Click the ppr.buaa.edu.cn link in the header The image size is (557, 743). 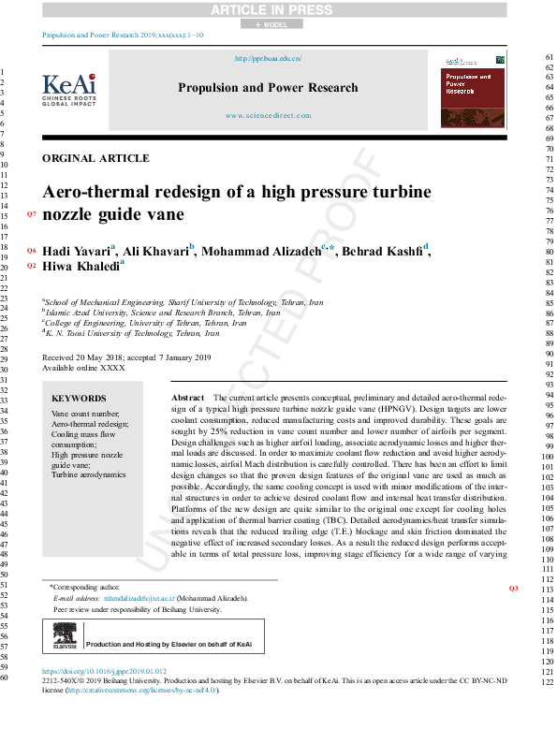point(267,58)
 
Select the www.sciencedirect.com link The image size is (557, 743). point(268,116)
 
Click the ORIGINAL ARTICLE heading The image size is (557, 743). point(96,158)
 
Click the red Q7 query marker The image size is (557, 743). point(31,215)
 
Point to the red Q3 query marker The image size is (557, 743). point(512,589)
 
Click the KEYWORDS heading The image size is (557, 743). point(79,398)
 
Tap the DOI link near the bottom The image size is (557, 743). point(105,672)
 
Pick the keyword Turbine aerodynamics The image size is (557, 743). point(88,475)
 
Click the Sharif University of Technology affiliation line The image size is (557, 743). point(183,303)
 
